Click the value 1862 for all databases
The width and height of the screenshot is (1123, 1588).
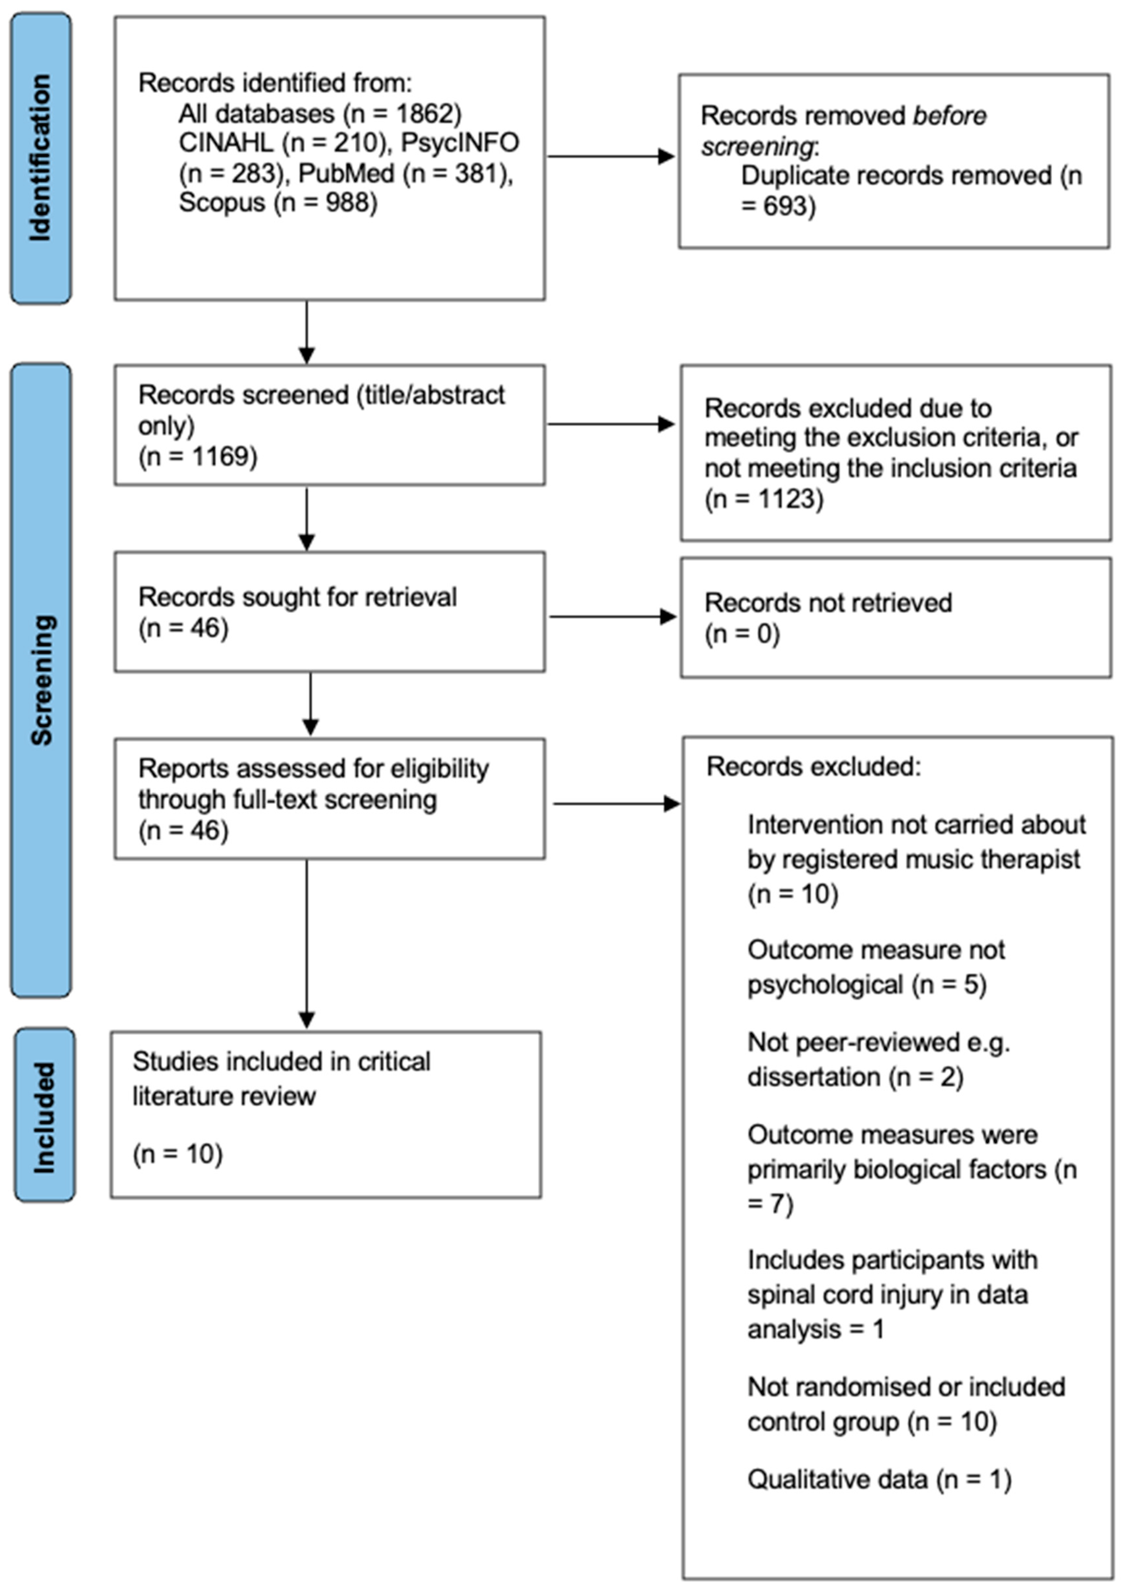click(422, 113)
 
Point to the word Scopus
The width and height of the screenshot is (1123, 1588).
click(221, 203)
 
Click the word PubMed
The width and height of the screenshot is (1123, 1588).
click(346, 173)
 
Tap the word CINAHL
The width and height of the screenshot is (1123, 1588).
click(225, 142)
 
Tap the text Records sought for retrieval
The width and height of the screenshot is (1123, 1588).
click(297, 597)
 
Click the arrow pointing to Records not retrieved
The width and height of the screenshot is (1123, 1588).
click(612, 616)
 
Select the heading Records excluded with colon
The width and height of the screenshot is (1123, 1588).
click(813, 766)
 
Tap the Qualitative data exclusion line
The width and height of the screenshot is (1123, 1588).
click(878, 1480)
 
